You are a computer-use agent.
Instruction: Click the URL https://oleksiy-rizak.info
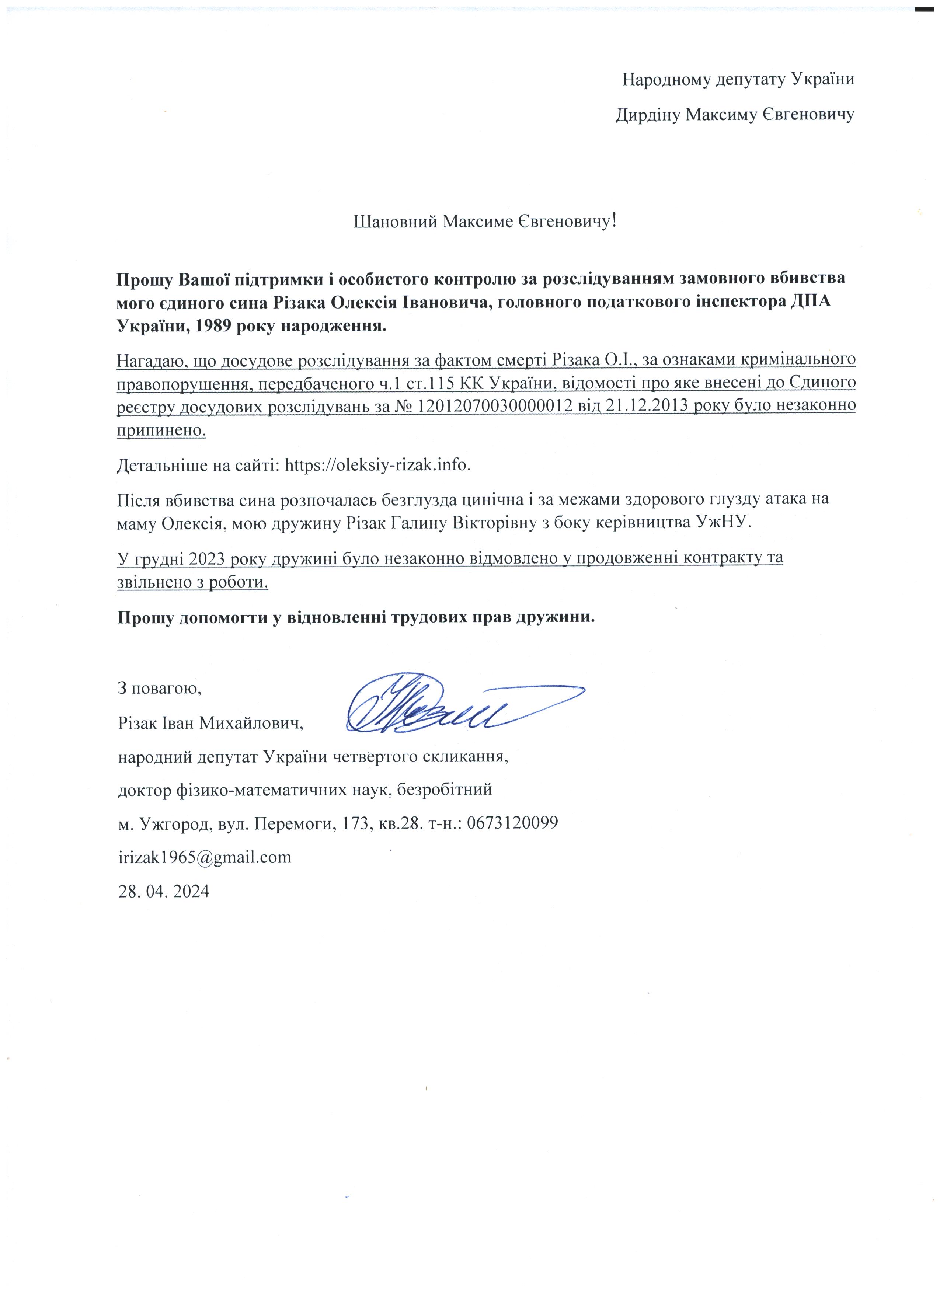click(377, 465)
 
